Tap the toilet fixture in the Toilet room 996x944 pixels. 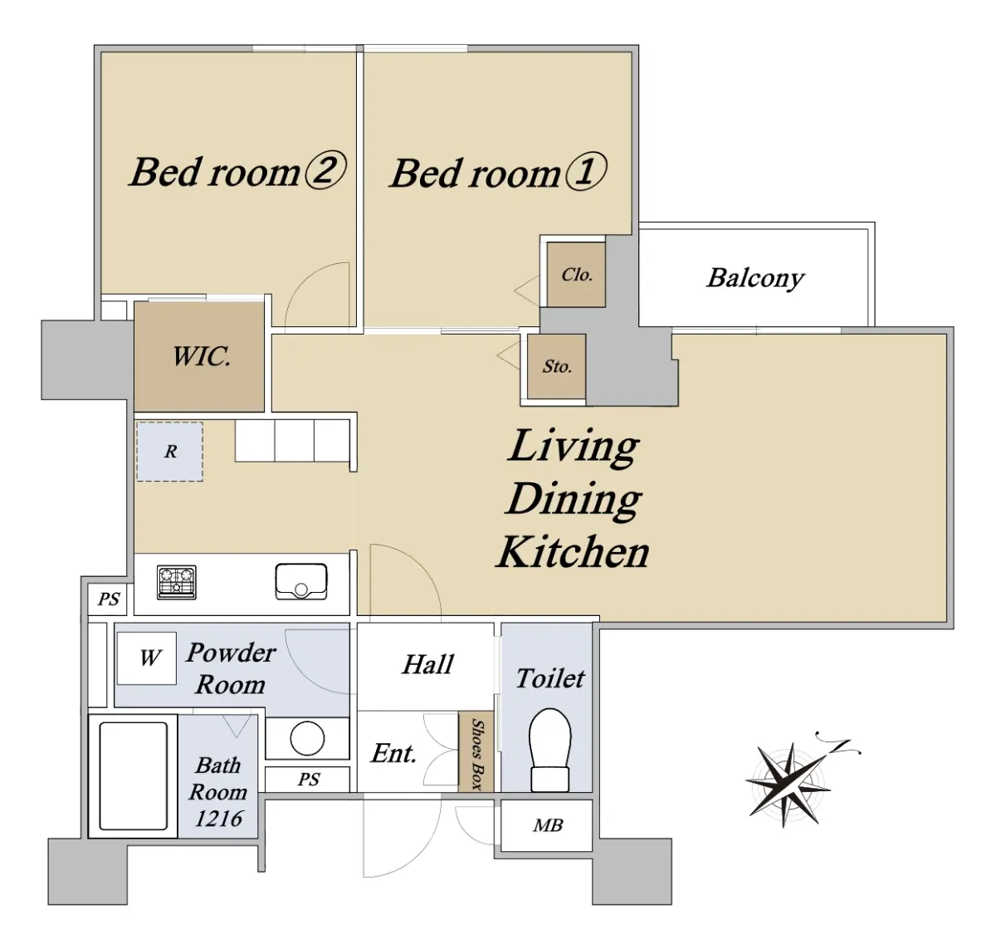(x=549, y=750)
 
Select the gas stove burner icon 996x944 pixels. (x=176, y=582)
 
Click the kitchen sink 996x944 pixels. (x=301, y=581)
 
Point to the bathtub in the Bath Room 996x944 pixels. (x=134, y=776)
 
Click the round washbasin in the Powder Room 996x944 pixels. (x=307, y=738)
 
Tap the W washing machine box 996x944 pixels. (x=146, y=658)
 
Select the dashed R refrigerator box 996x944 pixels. (x=169, y=451)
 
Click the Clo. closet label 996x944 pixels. (x=577, y=275)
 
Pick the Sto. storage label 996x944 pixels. (x=557, y=366)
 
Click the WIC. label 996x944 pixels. (x=202, y=356)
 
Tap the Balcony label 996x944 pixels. (x=755, y=278)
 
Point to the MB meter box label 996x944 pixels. (x=548, y=825)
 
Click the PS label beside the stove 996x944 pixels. (x=109, y=599)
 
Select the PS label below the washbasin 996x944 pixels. (x=309, y=779)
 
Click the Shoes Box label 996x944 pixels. (x=476, y=754)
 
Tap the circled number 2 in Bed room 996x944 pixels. (x=325, y=171)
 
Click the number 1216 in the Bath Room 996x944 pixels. (x=219, y=819)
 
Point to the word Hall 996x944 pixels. (x=427, y=664)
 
